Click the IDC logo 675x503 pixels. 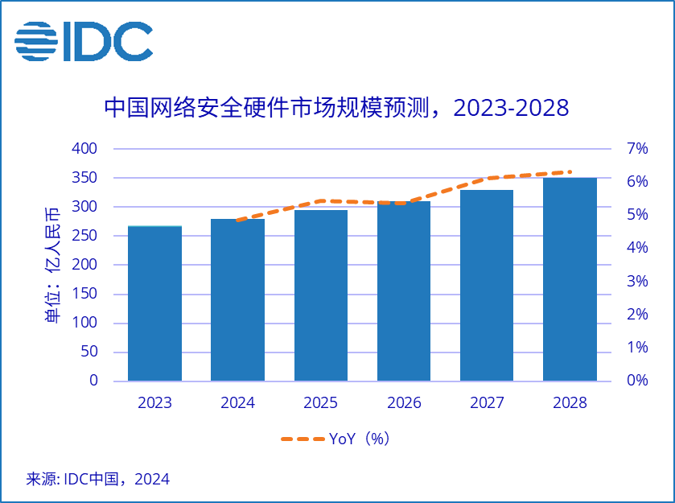coord(84,41)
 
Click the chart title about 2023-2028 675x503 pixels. coord(336,108)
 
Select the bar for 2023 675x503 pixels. coord(154,303)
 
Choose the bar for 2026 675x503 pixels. coord(404,291)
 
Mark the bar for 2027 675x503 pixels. coord(487,285)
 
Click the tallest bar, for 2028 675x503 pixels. coord(570,278)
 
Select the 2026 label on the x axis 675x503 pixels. coord(404,403)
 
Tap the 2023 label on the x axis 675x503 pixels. coord(154,403)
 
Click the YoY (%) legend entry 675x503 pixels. coord(335,439)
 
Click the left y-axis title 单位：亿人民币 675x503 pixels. coord(52,265)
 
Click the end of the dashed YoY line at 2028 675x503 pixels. coord(570,171)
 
